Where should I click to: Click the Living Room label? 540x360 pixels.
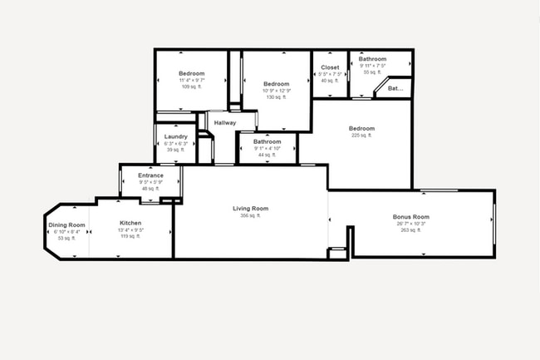(250, 208)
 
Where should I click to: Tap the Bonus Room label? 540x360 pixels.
(411, 217)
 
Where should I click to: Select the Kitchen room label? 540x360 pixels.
(130, 223)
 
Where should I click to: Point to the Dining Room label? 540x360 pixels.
(66, 224)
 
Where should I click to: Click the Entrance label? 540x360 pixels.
(150, 175)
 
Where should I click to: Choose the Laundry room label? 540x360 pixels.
(175, 136)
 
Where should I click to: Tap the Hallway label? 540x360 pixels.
(225, 123)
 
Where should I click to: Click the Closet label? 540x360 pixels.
(330, 67)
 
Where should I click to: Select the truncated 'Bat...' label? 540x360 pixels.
(395, 87)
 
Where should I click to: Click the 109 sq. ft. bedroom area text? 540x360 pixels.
(192, 86)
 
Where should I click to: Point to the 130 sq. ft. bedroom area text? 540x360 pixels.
(276, 97)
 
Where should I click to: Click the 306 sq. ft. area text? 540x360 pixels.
(250, 215)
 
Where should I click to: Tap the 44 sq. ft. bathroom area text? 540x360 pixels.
(267, 155)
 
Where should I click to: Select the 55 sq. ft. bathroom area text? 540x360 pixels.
(371, 72)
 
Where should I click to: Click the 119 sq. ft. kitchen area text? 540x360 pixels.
(130, 237)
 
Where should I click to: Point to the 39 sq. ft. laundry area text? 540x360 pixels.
(175, 150)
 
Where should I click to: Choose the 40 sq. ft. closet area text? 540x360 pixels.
(330, 81)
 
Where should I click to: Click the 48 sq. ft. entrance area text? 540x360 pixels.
(150, 189)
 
